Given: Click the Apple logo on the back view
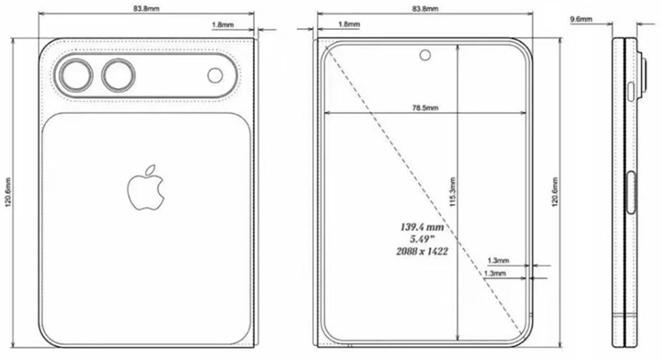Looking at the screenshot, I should pos(146,187).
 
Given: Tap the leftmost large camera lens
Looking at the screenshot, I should pos(76,76).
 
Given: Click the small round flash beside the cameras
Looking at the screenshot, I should pos(215,75).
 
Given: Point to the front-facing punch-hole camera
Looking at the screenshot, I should pos(425,55).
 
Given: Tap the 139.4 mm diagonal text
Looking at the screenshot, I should pos(421,227).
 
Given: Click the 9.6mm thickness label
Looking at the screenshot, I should pos(581,19).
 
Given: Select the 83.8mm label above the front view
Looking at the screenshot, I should pos(425,9).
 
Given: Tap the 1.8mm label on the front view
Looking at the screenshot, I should pos(349,24).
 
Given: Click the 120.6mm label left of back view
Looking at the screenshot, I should pos(7,191).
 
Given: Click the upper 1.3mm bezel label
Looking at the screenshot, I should pos(498,260).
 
